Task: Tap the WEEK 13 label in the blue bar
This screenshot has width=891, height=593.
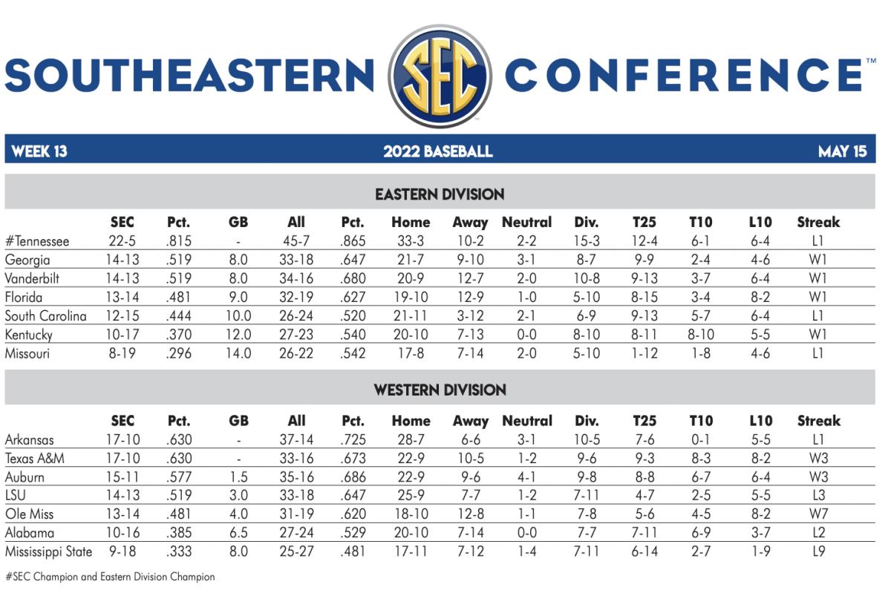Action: point(39,151)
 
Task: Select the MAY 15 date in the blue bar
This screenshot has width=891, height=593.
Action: point(842,151)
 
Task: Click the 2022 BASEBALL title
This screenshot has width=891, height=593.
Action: point(438,151)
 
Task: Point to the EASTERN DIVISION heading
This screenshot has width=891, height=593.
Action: point(440,194)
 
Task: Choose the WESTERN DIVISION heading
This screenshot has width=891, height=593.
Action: point(440,390)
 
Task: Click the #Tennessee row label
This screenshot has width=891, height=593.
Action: point(37,241)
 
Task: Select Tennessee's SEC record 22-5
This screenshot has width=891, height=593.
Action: point(123,241)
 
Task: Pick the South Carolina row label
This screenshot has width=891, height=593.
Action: point(45,316)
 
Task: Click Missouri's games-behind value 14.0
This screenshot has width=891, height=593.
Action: point(238,353)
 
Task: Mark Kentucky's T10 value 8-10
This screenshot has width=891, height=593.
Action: point(701,335)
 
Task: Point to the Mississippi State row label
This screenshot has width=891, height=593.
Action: point(48,551)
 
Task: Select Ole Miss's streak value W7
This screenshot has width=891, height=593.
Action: point(818,514)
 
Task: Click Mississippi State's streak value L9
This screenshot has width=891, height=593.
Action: point(818,551)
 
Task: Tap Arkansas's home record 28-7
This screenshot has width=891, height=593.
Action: point(411,440)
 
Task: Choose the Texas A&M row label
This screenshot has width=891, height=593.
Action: point(35,459)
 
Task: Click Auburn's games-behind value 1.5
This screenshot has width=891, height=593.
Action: point(238,477)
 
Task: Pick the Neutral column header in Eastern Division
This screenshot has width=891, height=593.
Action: point(526,222)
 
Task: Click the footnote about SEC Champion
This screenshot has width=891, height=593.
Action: point(110,577)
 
